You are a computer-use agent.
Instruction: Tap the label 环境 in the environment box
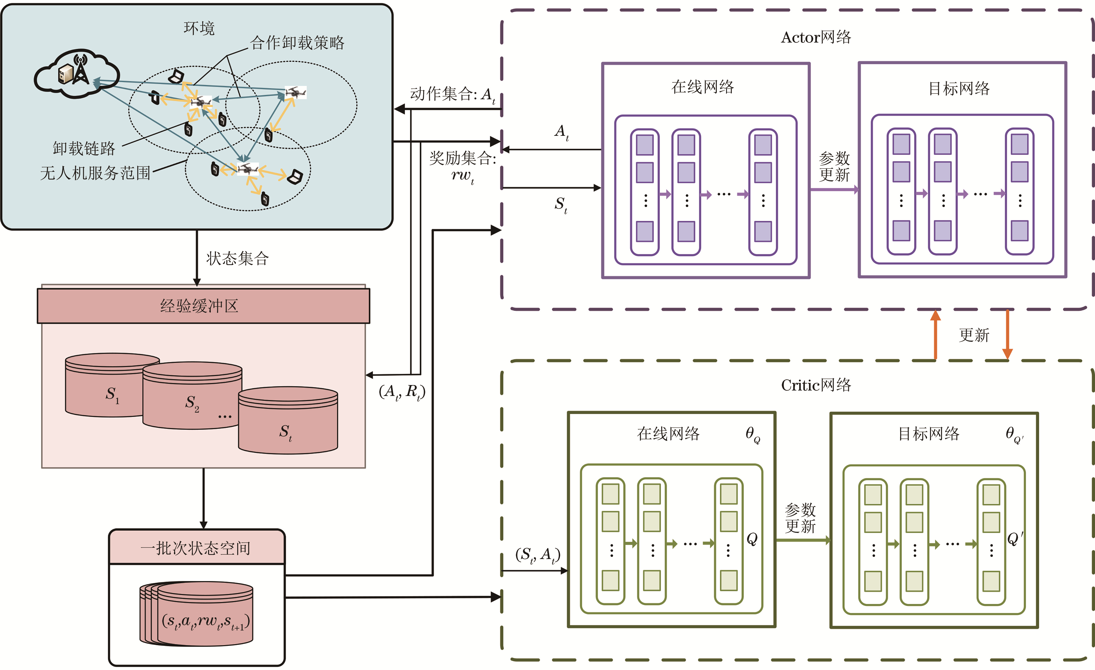pos(199,28)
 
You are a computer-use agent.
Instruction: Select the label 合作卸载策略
pos(297,43)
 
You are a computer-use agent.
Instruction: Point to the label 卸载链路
pos(84,148)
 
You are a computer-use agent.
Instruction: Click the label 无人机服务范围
pos(95,173)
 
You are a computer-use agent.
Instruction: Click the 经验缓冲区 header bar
pos(203,306)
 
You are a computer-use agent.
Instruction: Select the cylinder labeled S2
pos(192,402)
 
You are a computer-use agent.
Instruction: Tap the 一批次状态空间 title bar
pos(196,548)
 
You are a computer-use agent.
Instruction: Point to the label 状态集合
pos(237,258)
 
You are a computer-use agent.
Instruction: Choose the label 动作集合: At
pos(452,95)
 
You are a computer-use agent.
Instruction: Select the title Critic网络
pos(816,385)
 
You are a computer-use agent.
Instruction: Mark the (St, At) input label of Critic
pos(538,555)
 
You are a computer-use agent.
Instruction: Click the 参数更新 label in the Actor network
pos(834,167)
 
